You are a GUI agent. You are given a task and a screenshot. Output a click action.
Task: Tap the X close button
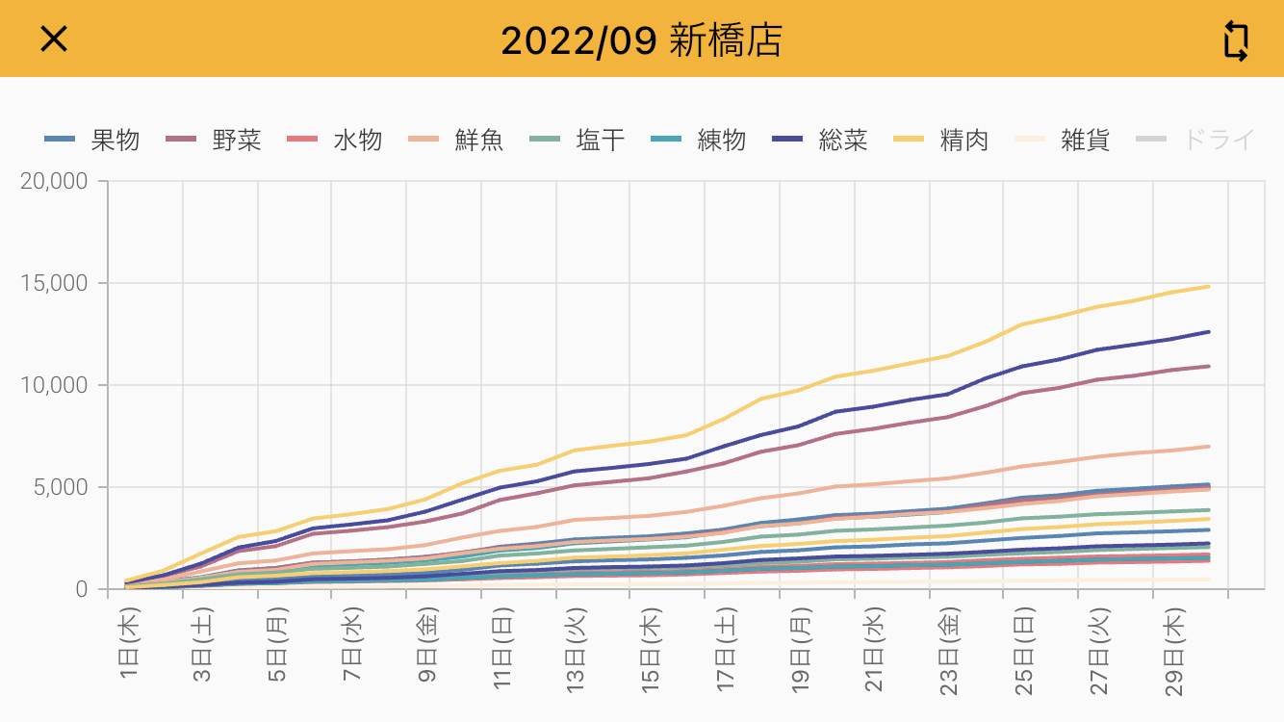pyautogui.click(x=54, y=39)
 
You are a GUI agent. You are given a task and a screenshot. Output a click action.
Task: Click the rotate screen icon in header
pyautogui.click(x=1236, y=40)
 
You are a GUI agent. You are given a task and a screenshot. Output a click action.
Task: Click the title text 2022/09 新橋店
pyautogui.click(x=641, y=40)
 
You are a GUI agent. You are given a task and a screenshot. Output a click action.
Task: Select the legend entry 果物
pyautogui.click(x=92, y=141)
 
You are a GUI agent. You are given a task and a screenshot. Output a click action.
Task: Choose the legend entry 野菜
pyautogui.click(x=214, y=141)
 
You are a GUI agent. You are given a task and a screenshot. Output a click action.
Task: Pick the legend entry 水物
pyautogui.click(x=335, y=141)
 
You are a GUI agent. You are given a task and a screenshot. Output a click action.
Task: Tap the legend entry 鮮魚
pyautogui.click(x=456, y=141)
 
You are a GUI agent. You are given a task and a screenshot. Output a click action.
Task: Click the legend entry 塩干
pyautogui.click(x=578, y=141)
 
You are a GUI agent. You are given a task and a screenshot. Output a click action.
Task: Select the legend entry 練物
pyautogui.click(x=699, y=141)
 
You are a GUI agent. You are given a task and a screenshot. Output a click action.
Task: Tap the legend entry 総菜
pyautogui.click(x=820, y=141)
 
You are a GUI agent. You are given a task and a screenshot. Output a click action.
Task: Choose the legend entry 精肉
pyautogui.click(x=941, y=141)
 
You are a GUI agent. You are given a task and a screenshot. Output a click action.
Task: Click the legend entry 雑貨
pyautogui.click(x=1063, y=141)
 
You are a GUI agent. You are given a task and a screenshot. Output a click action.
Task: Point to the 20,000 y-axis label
pyautogui.click(x=54, y=182)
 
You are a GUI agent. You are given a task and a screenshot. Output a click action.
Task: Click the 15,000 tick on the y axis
pyautogui.click(x=54, y=284)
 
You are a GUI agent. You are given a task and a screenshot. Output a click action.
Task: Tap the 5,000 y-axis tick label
pyautogui.click(x=60, y=487)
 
